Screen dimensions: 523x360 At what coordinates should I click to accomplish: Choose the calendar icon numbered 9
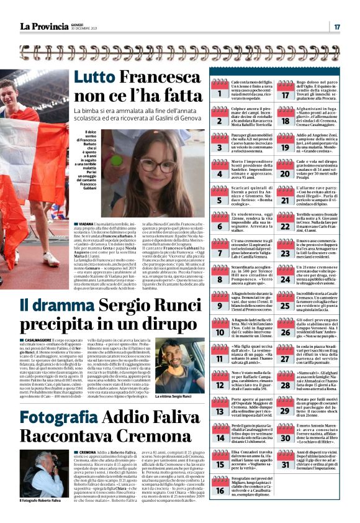tap(219, 302)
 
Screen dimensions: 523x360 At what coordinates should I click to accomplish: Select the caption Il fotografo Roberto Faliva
tap(40, 501)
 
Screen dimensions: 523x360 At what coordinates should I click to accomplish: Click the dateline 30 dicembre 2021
tap(85, 30)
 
